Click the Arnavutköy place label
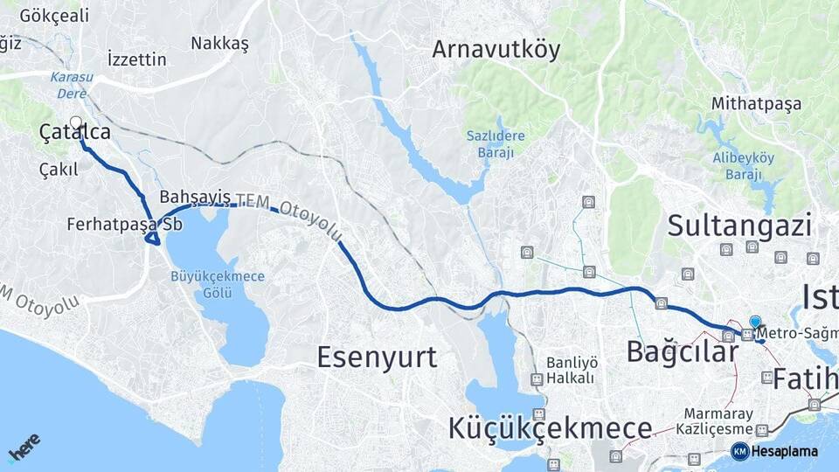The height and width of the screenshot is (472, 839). point(496,51)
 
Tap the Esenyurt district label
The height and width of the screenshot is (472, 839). point(377,357)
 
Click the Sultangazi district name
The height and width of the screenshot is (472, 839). point(739,226)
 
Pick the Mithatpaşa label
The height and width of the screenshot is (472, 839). point(756,104)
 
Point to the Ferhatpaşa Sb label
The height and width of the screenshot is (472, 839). point(124,225)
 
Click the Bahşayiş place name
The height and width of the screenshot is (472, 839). point(183,197)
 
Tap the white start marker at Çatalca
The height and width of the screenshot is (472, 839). point(76,123)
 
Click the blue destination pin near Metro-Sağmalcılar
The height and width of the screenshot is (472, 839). point(755,323)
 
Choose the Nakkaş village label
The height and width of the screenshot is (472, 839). point(220,43)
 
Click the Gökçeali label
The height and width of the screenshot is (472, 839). point(54,16)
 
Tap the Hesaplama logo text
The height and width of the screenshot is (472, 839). point(784,452)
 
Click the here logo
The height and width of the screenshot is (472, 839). point(24,448)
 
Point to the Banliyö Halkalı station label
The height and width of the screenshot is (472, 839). point(571,370)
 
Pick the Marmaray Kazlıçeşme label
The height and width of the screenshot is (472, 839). point(718,421)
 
